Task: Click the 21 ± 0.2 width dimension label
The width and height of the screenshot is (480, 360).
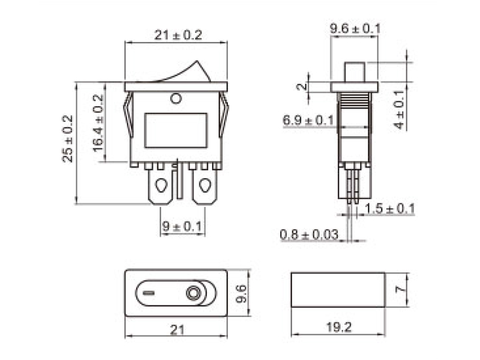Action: (x=178, y=35)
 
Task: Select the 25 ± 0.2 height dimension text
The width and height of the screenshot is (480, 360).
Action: (x=68, y=139)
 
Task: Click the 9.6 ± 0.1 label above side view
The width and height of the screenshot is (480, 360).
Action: (x=355, y=28)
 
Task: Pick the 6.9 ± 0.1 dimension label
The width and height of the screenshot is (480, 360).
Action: (x=308, y=121)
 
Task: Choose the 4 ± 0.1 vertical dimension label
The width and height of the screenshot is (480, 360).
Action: (x=400, y=110)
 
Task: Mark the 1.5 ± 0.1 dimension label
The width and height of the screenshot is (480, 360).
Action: (x=390, y=209)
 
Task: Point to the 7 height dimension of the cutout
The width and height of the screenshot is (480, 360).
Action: (x=403, y=289)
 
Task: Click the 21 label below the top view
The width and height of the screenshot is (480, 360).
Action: (x=177, y=329)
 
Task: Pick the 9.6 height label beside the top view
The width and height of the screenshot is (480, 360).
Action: (x=242, y=294)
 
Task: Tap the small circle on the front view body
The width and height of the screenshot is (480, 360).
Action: (x=176, y=98)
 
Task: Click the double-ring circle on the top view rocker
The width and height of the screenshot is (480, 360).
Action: (x=194, y=294)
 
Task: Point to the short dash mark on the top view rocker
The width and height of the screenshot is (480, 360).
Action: (x=149, y=294)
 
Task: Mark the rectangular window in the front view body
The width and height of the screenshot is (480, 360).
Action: (x=176, y=130)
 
